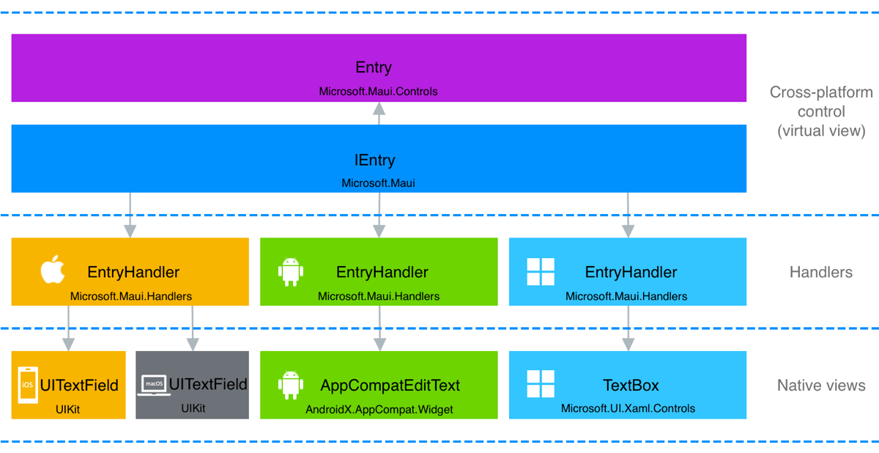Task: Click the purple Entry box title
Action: pos(374,67)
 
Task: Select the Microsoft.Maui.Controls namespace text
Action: pos(378,92)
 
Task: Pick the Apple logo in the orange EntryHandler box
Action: pos(52,270)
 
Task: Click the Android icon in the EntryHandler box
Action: pos(291,272)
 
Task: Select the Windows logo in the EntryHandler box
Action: pos(541,272)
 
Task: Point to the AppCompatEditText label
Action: pos(390,386)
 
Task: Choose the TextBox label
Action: pos(631,386)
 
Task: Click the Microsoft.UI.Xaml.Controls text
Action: pos(628,408)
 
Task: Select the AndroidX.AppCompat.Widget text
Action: pos(379,409)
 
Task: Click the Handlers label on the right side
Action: pos(820,272)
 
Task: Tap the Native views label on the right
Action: pos(821,386)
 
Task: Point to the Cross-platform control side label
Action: pos(821,112)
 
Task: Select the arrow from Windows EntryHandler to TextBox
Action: pos(628,328)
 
